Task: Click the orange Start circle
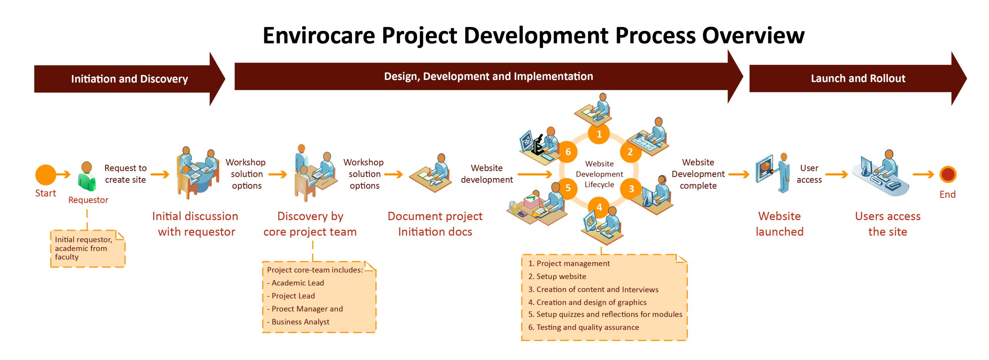pyautogui.click(x=46, y=175)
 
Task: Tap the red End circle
pyautogui.click(x=948, y=175)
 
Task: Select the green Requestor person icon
pyautogui.click(x=87, y=177)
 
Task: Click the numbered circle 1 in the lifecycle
pyautogui.click(x=599, y=134)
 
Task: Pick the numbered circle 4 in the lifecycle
pyautogui.click(x=599, y=207)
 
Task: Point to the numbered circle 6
pyautogui.click(x=568, y=152)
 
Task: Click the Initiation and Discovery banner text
pyautogui.click(x=129, y=79)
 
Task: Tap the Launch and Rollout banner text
pyautogui.click(x=858, y=78)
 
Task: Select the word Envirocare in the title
pyautogui.click(x=319, y=36)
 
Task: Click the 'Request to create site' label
pyautogui.click(x=126, y=174)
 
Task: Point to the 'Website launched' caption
pyautogui.click(x=780, y=224)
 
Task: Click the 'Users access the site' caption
pyautogui.click(x=888, y=224)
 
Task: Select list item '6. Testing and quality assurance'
pyautogui.click(x=583, y=327)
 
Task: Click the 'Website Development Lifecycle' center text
pyautogui.click(x=599, y=174)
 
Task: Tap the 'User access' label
pyautogui.click(x=809, y=174)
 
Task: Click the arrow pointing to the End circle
pyautogui.click(x=923, y=175)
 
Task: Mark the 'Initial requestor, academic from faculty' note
pyautogui.click(x=88, y=249)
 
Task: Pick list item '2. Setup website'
pyautogui.click(x=557, y=276)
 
